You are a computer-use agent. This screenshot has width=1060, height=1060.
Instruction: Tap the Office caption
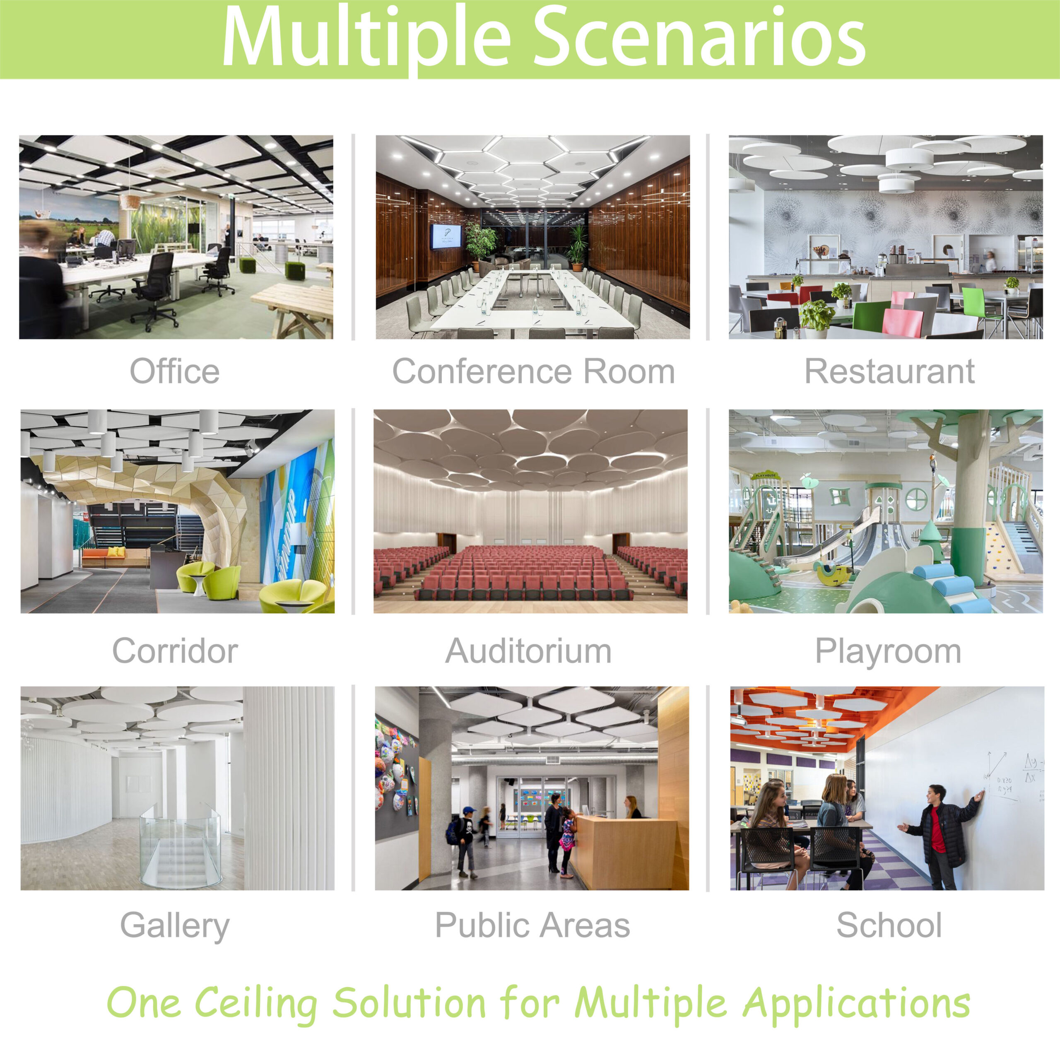(x=174, y=371)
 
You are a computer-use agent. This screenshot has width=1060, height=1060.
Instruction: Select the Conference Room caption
(x=533, y=371)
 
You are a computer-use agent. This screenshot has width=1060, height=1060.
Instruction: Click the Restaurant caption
(x=889, y=371)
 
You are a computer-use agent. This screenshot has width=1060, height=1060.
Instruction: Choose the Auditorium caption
(x=528, y=651)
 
